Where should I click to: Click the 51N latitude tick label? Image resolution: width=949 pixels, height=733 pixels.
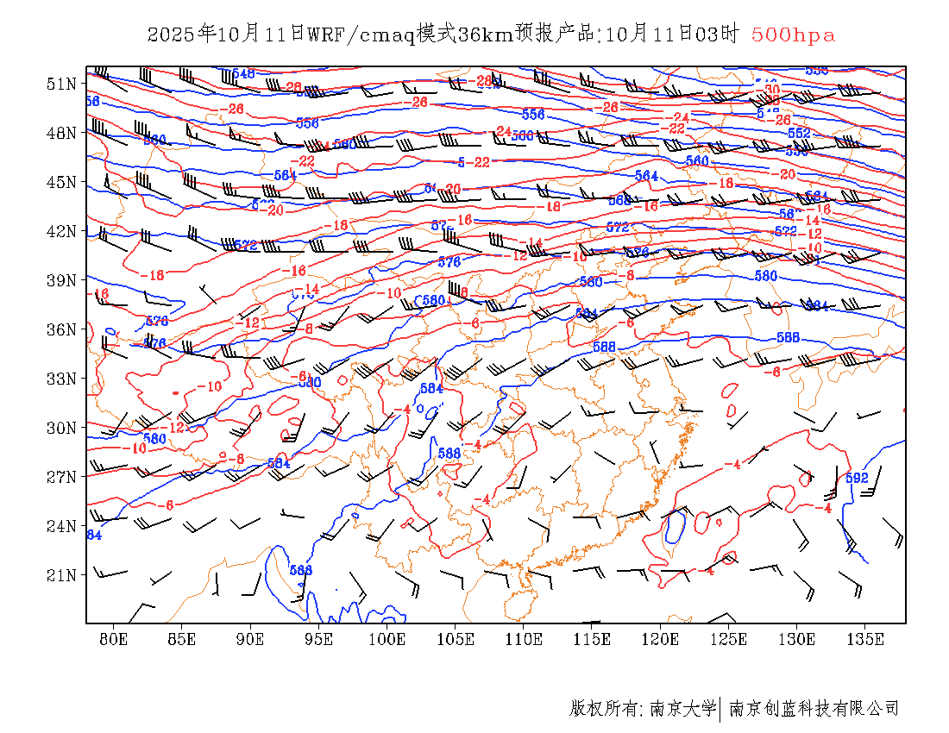coord(63,84)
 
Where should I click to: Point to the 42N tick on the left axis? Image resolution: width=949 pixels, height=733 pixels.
coord(63,231)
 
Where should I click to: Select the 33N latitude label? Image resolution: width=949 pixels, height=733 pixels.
coord(63,379)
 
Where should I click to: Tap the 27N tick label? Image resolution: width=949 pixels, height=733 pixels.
coord(63,477)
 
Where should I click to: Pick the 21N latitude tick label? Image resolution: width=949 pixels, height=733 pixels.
coord(63,575)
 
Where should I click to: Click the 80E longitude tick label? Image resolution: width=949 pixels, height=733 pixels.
coord(114,639)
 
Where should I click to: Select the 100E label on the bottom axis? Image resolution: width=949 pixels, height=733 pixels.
coord(387,639)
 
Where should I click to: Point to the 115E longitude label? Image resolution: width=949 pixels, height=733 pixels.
coord(593,639)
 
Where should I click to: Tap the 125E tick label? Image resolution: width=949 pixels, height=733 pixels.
coord(729,639)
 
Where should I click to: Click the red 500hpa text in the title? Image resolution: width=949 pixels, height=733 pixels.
coord(793,35)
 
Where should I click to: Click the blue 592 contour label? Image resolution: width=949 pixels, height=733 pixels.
coord(857,478)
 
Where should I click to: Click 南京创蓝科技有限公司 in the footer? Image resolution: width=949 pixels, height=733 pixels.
coord(814,709)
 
